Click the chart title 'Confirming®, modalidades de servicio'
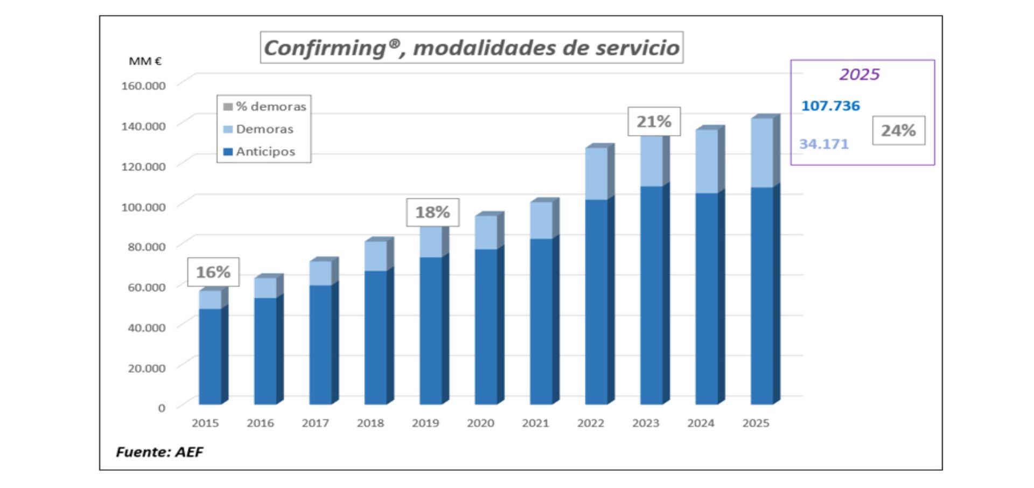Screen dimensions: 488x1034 click(x=471, y=47)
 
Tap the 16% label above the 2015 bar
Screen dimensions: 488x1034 click(x=213, y=272)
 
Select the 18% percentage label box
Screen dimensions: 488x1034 click(x=432, y=212)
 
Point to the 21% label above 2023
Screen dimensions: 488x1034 click(x=654, y=122)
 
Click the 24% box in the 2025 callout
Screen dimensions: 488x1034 click(x=898, y=130)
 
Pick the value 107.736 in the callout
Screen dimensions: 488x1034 click(x=830, y=106)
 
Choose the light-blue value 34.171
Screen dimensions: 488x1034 click(x=823, y=144)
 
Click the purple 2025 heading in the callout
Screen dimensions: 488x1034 click(x=860, y=74)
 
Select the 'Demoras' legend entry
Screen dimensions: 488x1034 click(x=264, y=129)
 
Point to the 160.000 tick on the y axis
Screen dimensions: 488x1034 click(x=143, y=86)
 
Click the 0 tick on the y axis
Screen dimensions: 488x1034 click(x=161, y=408)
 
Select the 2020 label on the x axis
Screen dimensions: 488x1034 click(x=480, y=423)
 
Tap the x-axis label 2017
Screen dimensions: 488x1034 click(x=315, y=423)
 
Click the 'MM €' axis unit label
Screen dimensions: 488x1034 click(x=145, y=61)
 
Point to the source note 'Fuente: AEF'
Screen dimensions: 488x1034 click(x=159, y=452)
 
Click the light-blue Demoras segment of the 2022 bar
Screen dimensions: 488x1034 click(x=596, y=173)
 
